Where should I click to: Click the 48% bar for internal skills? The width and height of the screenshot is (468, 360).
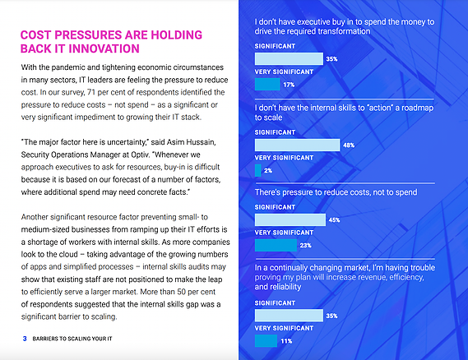pyautogui.click(x=297, y=145)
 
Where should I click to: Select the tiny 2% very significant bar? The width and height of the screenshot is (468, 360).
pyautogui.click(x=258, y=170)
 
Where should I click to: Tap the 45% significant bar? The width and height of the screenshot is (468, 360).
pyautogui.click(x=290, y=219)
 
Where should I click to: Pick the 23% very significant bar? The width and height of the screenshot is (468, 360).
pyautogui.click(x=276, y=245)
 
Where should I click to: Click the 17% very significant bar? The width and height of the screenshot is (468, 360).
pyautogui.click(x=267, y=85)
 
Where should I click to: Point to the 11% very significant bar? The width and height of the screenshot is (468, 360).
pyautogui.click(x=266, y=341)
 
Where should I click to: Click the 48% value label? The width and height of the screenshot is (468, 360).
pyautogui.click(x=349, y=145)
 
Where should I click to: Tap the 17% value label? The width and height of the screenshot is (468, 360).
pyautogui.click(x=289, y=85)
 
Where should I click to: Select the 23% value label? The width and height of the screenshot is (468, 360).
pyautogui.click(x=306, y=246)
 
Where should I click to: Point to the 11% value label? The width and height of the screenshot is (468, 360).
pyautogui.click(x=286, y=341)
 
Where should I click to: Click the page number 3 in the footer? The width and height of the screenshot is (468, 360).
pyautogui.click(x=25, y=339)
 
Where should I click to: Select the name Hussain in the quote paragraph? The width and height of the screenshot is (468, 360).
pyautogui.click(x=201, y=142)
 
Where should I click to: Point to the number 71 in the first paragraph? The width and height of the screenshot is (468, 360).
pyautogui.click(x=91, y=92)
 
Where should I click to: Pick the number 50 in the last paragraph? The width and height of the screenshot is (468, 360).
pyautogui.click(x=182, y=292)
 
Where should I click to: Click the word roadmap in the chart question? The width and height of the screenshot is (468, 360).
pyautogui.click(x=417, y=108)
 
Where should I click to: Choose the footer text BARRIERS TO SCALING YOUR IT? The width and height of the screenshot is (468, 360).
pyautogui.click(x=72, y=339)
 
